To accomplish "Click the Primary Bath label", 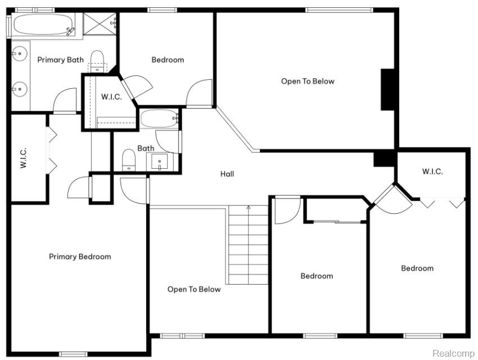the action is pyautogui.click(x=60, y=60).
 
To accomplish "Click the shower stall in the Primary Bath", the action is pyautogui.click(x=100, y=24).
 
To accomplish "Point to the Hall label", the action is pyautogui.click(x=227, y=174).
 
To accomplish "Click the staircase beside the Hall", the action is pyautogui.click(x=248, y=245).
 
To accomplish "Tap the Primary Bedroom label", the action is pyautogui.click(x=80, y=256).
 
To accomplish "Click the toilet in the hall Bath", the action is pyautogui.click(x=129, y=160).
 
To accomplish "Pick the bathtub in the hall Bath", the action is pyautogui.click(x=159, y=119).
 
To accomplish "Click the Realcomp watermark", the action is pyautogui.click(x=453, y=353).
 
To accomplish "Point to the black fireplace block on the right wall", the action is pyautogui.click(x=388, y=89).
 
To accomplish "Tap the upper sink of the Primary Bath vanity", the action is pyautogui.click(x=19, y=54).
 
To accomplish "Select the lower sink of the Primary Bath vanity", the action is pyautogui.click(x=19, y=89).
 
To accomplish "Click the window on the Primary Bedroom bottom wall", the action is pyautogui.click(x=73, y=354).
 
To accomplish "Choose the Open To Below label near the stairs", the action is pyautogui.click(x=194, y=289).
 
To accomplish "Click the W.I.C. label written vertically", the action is pyautogui.click(x=24, y=157).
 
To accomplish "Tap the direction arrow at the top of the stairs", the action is pyautogui.click(x=249, y=208).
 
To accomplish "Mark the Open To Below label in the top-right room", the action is pyautogui.click(x=308, y=82).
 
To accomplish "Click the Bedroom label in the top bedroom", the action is pyautogui.click(x=168, y=60).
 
